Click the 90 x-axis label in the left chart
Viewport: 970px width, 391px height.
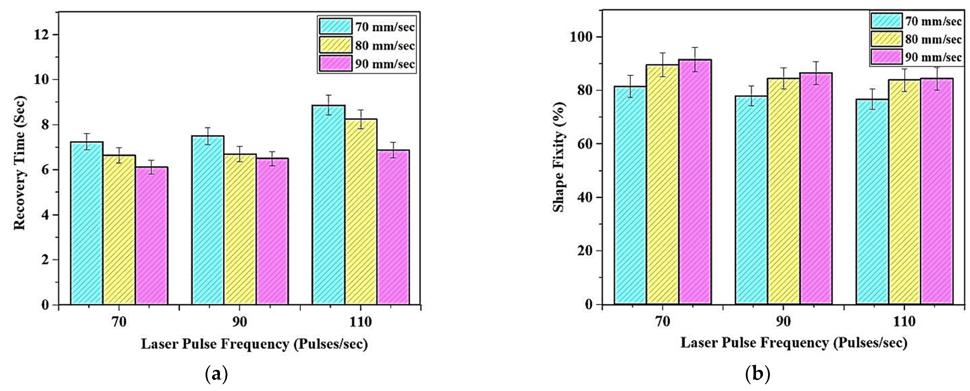click(x=240, y=322)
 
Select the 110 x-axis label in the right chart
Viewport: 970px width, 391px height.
click(x=904, y=322)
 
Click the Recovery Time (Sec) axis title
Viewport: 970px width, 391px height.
click(x=20, y=163)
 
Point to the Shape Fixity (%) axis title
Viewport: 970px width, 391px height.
click(x=559, y=157)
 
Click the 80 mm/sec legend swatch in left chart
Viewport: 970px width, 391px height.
click(x=336, y=45)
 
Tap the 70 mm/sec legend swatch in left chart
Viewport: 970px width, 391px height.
click(x=336, y=27)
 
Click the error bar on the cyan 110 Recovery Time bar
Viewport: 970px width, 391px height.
click(x=328, y=105)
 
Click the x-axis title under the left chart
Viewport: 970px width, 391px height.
click(x=254, y=344)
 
